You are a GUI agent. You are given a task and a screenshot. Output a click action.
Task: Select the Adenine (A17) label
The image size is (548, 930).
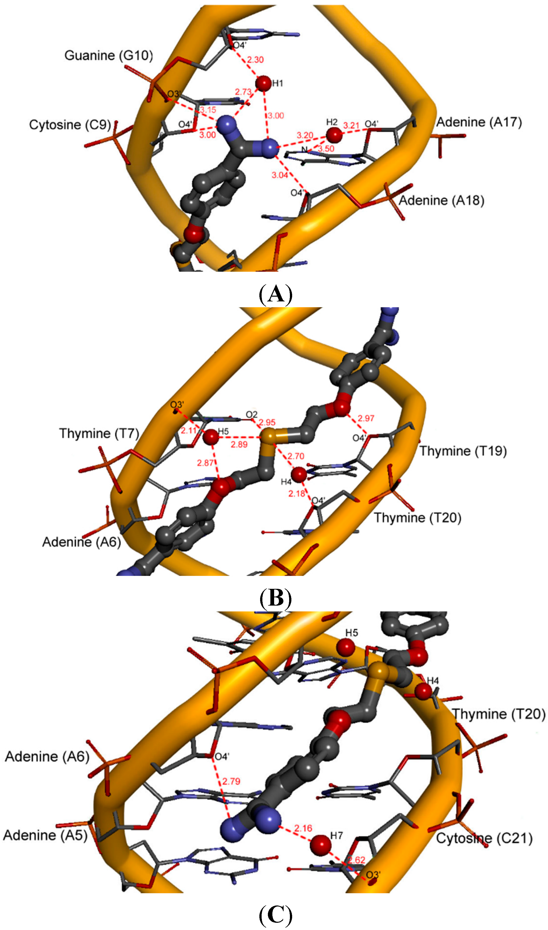coord(479,122)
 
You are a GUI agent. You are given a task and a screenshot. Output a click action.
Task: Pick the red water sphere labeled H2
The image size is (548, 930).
coord(334,135)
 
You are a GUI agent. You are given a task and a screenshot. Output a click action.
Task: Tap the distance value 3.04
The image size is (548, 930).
coord(280,175)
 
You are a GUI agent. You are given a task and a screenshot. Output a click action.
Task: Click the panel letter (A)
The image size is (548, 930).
coord(275,294)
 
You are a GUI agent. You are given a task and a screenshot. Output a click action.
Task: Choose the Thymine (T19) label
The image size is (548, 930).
coord(463,451)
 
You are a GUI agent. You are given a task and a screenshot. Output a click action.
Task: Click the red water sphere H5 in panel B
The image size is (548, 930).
coord(211,437)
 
